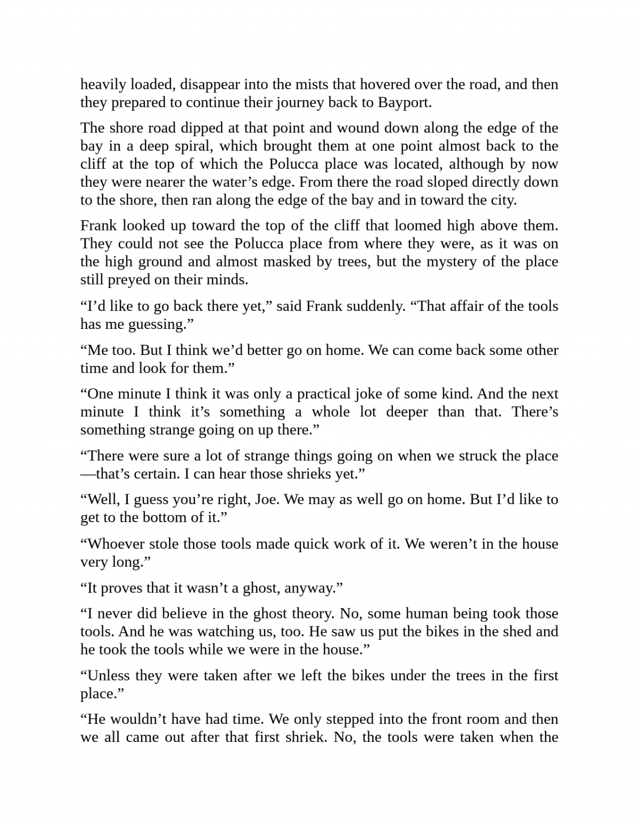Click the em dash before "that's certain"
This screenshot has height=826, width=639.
[x=88, y=474]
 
